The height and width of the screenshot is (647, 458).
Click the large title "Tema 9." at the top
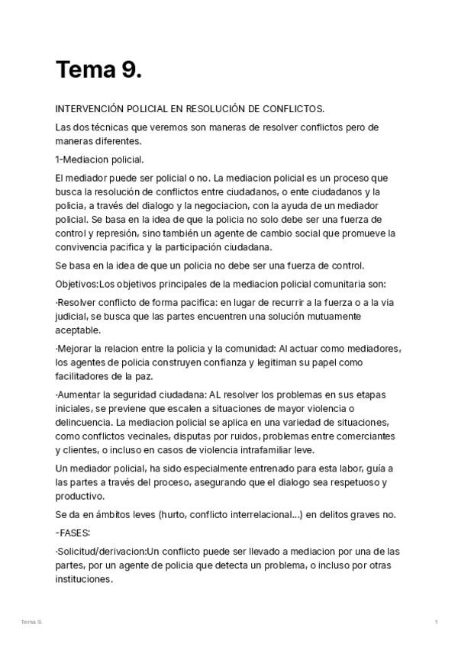click(98, 70)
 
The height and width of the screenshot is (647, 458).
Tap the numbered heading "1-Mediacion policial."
click(99, 159)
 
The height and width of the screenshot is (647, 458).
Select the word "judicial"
click(74, 316)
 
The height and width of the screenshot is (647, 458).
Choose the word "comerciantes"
click(363, 436)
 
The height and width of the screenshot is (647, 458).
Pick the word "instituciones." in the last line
click(85, 578)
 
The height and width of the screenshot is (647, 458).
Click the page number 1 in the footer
click(436, 623)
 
